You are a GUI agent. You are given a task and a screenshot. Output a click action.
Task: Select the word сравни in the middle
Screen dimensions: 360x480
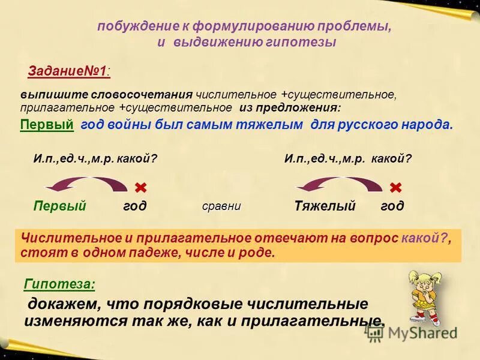[221, 206]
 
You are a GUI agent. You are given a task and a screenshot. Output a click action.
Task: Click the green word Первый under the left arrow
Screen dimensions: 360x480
[59, 206]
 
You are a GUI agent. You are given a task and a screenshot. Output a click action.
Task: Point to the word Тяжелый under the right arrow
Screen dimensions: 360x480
[325, 206]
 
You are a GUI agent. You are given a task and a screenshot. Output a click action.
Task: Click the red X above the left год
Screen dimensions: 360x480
[141, 187]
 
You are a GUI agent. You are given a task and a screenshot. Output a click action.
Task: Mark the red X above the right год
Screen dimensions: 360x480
[395, 187]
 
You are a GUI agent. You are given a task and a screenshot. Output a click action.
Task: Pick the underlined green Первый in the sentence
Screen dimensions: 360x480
[47, 125]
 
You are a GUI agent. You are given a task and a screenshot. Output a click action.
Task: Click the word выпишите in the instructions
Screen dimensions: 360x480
[46, 95]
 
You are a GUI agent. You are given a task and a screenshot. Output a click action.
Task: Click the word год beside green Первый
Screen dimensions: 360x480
[135, 206]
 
